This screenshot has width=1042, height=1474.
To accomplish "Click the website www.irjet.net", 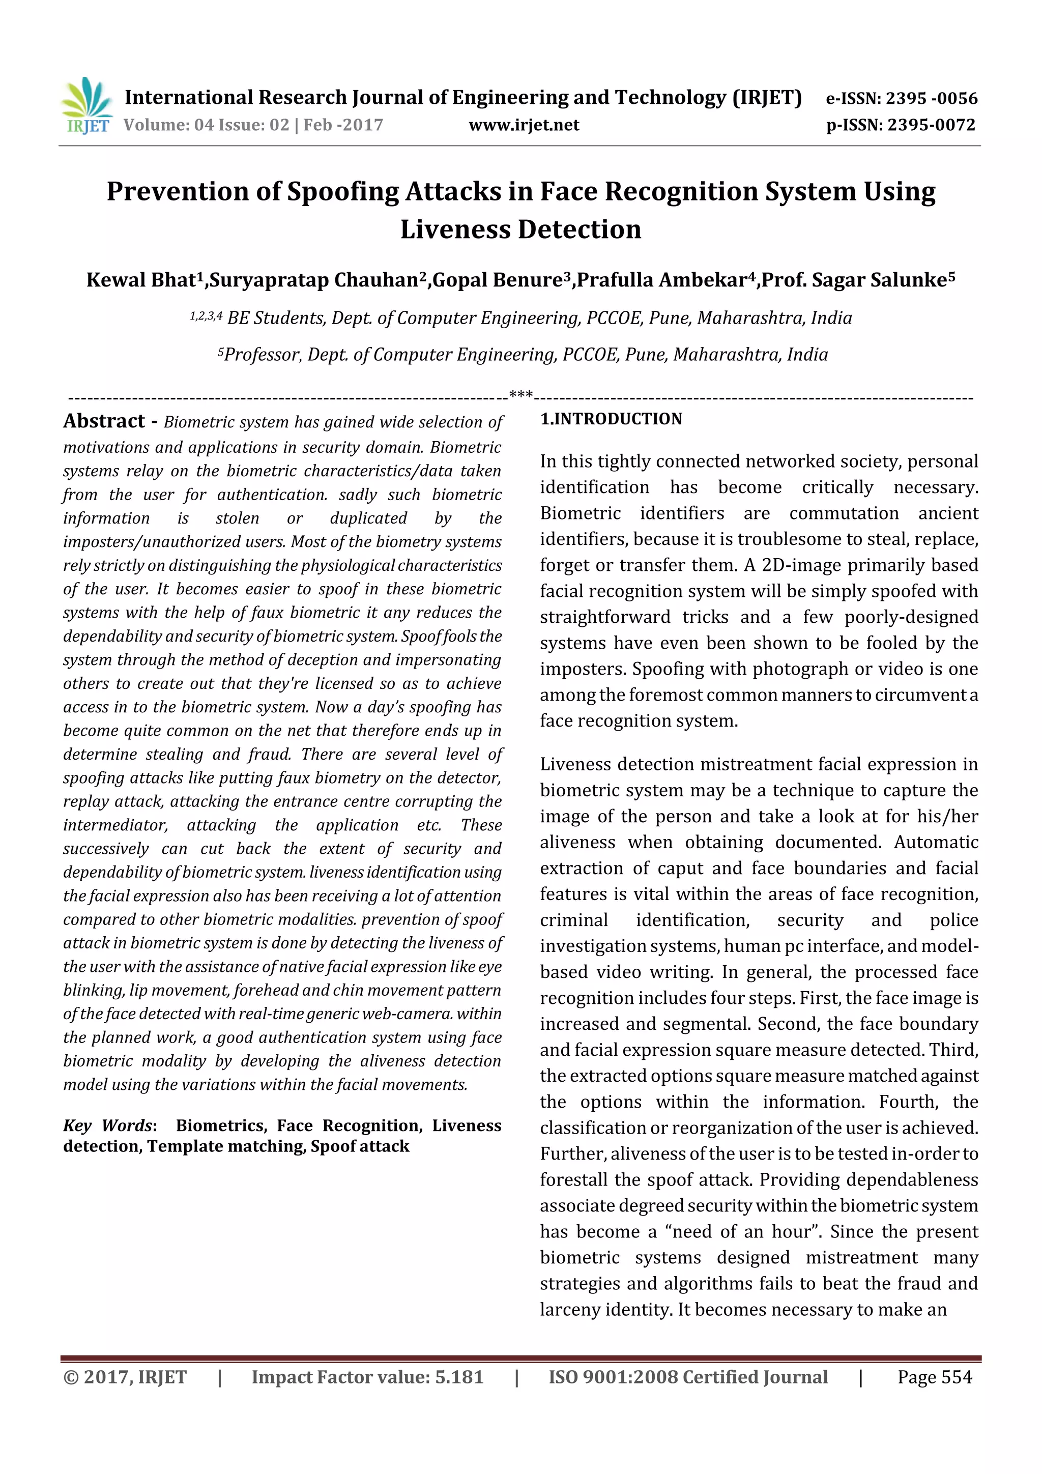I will point(524,125).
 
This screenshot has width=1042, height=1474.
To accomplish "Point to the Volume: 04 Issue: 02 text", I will point(206,125).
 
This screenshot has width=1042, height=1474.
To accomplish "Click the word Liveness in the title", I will point(456,229).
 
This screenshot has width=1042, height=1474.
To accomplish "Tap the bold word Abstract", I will point(104,421).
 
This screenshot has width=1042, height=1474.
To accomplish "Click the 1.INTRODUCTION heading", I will point(611,419).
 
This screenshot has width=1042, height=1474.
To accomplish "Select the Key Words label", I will point(108,1125).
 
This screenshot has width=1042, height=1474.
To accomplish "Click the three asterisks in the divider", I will point(520,393).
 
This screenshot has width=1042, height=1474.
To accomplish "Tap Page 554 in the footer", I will point(934,1377).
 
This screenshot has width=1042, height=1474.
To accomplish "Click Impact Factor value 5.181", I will point(367,1377).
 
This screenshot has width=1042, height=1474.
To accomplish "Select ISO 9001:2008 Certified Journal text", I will point(687,1377).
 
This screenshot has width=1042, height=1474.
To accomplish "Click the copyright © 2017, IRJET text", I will point(125,1377).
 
